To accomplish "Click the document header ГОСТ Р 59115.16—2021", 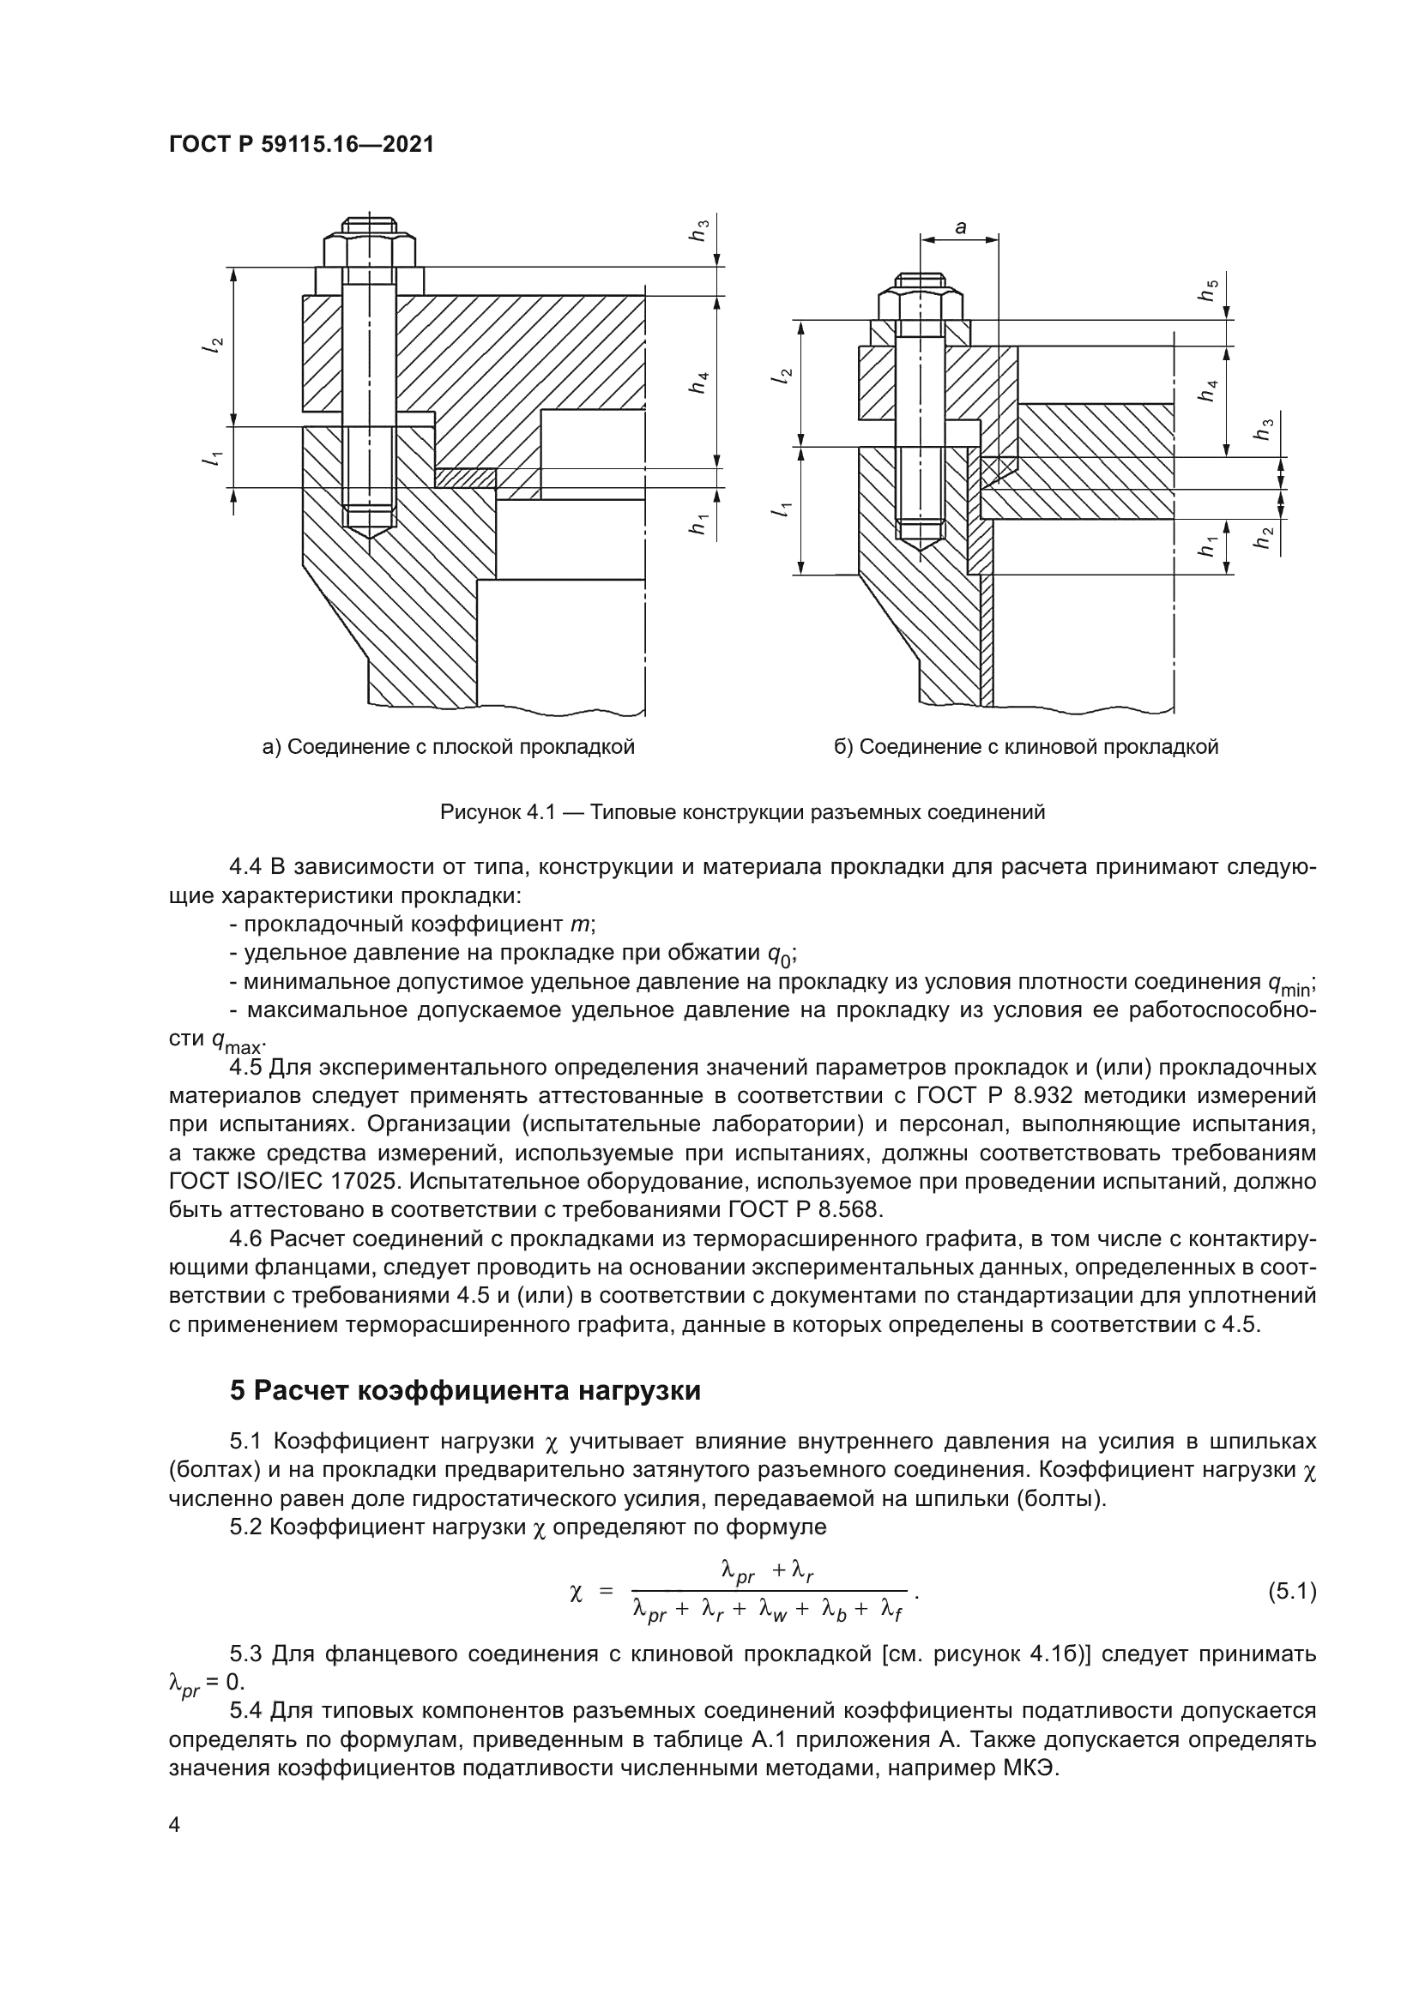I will (301, 145).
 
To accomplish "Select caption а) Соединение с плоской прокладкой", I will (448, 747).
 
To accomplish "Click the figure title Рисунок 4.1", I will (742, 812).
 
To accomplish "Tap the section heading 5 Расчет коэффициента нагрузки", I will (465, 1389).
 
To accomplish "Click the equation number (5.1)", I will (1291, 1592).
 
